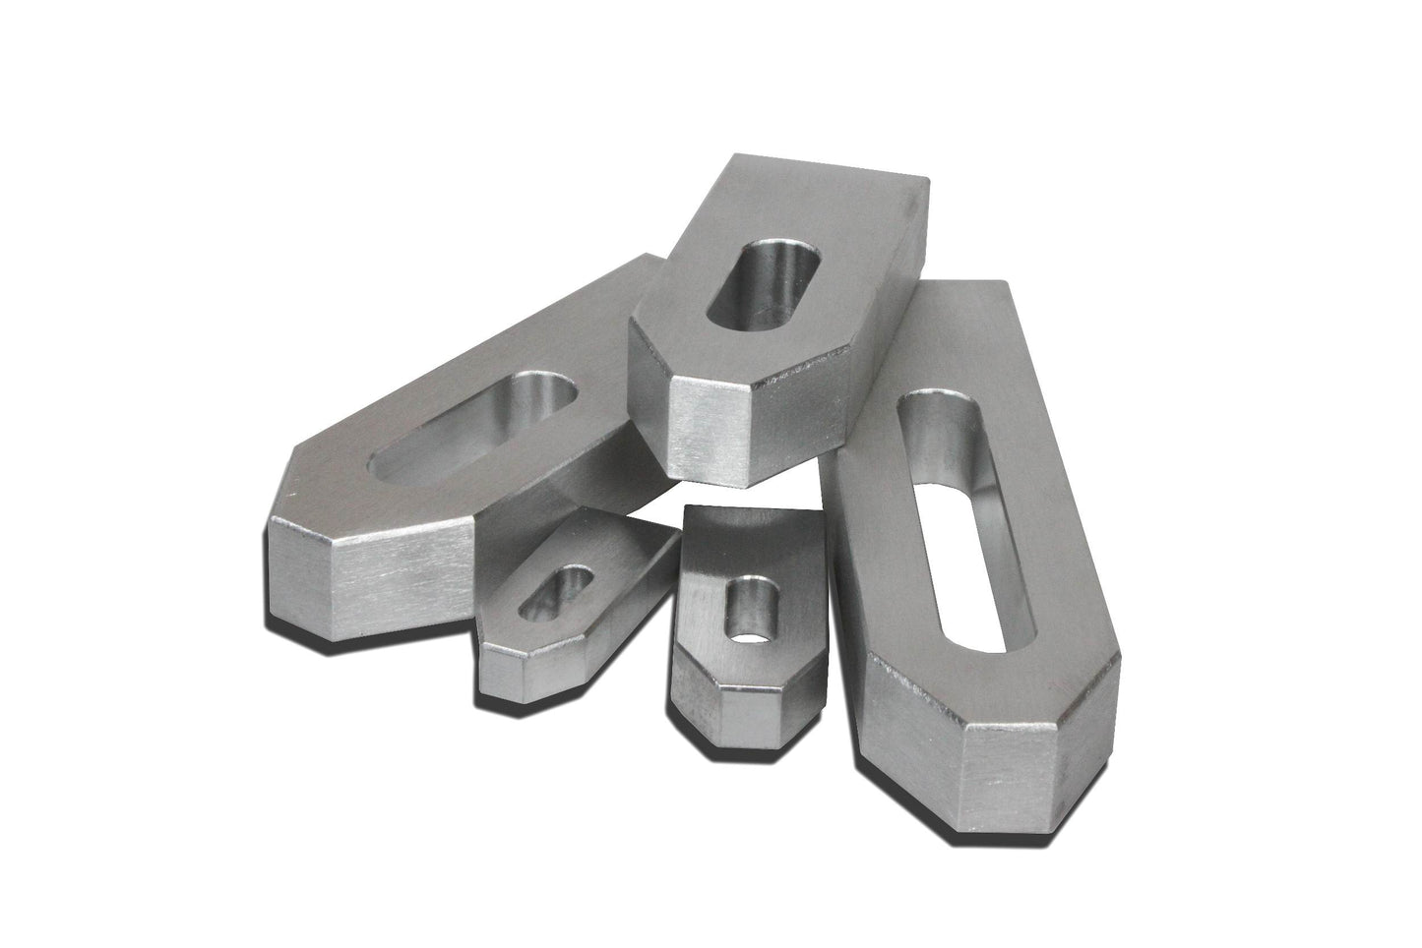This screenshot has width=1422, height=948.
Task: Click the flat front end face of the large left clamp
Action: point(398,575)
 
